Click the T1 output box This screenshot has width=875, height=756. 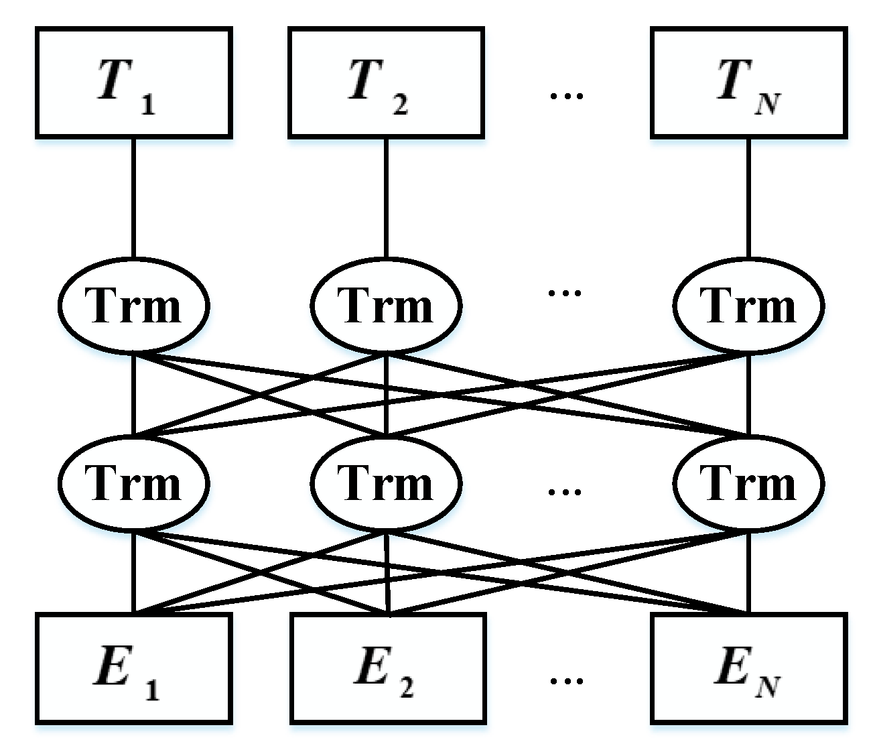coord(133,82)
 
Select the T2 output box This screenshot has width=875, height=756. coord(386,82)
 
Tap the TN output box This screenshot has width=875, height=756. coord(748,82)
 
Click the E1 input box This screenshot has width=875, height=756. coord(133,668)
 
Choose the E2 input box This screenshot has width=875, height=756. coord(388,668)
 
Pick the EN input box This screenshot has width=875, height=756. coord(748,668)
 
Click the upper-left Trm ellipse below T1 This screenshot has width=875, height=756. coord(133,306)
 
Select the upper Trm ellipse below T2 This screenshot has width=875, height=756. coord(386,306)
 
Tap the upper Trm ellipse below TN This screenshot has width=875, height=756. coord(748,306)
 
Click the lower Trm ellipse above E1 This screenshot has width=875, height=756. coord(133,483)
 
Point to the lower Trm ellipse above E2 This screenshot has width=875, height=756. coord(386,483)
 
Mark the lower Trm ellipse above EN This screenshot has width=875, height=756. coord(748,483)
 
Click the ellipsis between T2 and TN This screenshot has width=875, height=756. coord(566,96)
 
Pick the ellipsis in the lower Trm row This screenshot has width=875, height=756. coord(565,492)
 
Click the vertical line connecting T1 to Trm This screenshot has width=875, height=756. coord(133,198)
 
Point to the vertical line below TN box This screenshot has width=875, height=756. coord(748,198)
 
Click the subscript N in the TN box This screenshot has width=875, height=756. coord(768,105)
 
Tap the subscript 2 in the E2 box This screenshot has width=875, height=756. coord(406,688)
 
